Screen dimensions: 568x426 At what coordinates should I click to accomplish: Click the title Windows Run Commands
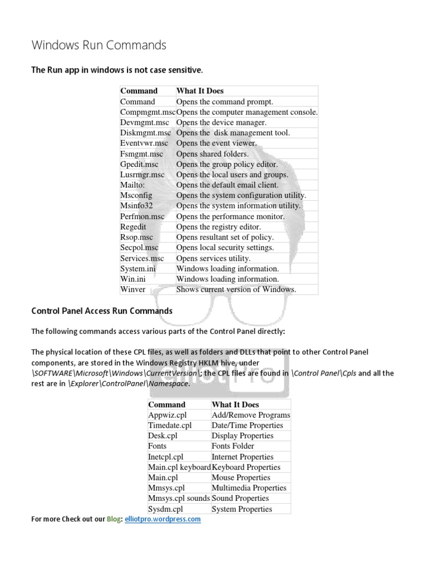[x=99, y=45]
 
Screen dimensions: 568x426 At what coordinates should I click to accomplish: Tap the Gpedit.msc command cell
[x=139, y=164]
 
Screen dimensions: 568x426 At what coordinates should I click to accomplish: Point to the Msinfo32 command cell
[x=136, y=206]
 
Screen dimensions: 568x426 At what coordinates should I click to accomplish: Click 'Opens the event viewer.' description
[x=216, y=143]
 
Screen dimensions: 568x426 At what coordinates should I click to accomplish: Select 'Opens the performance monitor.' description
[x=230, y=216]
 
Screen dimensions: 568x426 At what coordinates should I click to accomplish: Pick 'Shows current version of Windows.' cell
[x=236, y=289]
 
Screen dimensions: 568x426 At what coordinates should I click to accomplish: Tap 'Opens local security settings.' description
[x=225, y=247]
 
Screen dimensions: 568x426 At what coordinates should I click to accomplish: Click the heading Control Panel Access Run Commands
[x=102, y=311]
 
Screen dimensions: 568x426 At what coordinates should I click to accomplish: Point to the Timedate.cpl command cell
[x=169, y=425]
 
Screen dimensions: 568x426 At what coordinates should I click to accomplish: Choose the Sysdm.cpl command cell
[x=165, y=509]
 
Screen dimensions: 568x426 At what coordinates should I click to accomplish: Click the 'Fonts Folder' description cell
[x=233, y=446]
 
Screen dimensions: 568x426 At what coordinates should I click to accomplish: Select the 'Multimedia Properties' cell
[x=249, y=488]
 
